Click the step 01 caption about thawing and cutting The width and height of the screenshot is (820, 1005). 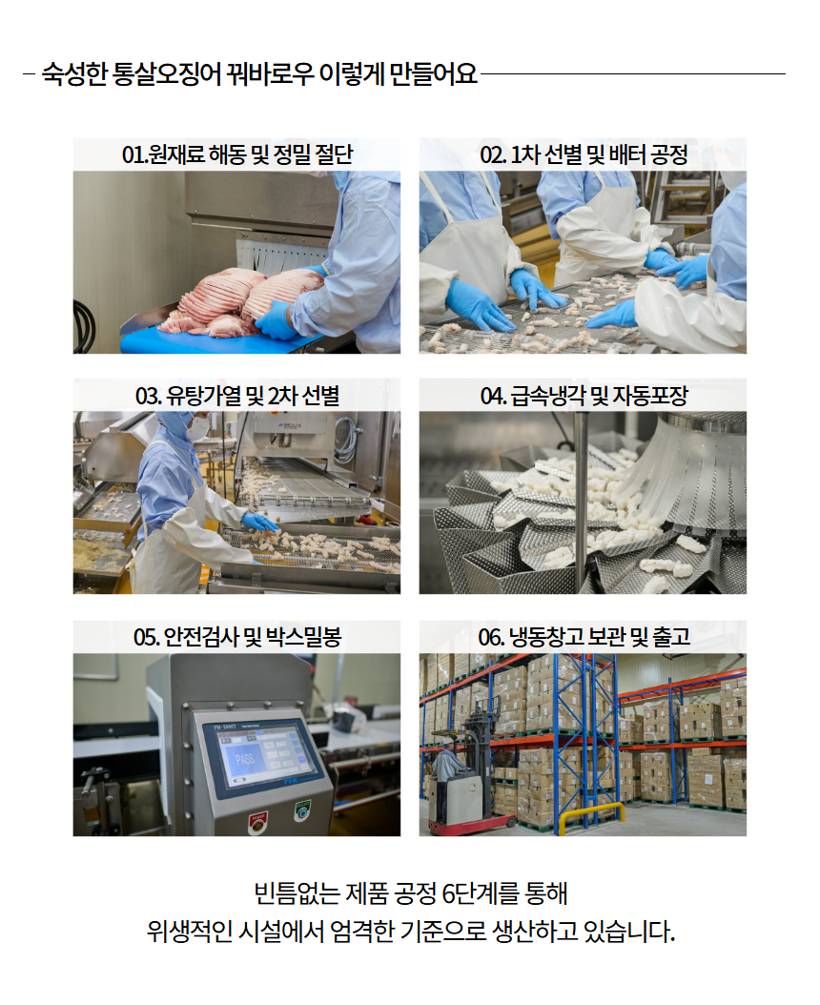237,154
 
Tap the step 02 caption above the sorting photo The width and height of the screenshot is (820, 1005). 584,154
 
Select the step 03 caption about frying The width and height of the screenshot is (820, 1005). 237,396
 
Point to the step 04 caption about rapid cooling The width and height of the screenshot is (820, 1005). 584,396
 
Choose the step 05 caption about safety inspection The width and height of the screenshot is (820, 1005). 237,636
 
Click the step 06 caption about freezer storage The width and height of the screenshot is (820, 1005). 584,636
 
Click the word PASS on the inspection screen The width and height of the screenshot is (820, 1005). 244,760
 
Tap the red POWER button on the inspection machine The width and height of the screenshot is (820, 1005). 258,821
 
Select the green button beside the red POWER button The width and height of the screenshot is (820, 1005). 302,811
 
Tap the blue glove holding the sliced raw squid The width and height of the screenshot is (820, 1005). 278,319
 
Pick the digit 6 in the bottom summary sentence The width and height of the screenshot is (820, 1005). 449,893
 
